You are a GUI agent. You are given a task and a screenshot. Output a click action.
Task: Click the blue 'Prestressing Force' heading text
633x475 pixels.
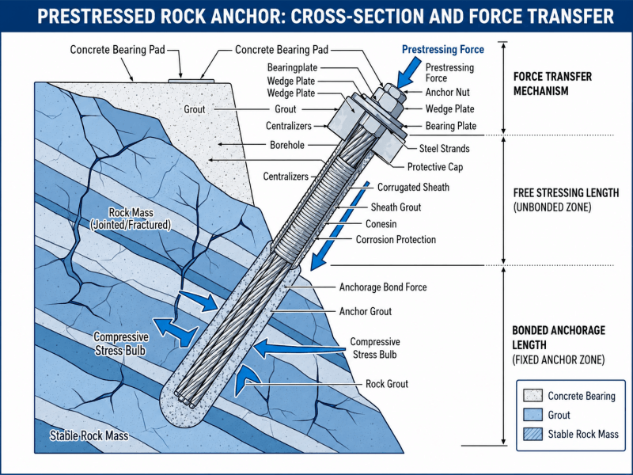[443, 50]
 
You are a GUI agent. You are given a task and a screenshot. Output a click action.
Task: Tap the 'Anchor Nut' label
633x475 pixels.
[447, 93]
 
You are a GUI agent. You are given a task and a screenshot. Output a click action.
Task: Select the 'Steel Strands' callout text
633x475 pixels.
[444, 149]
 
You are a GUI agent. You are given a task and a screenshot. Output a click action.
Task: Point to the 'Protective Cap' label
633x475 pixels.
[434, 167]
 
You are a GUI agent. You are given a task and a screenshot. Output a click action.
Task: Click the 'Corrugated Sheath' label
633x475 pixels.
[413, 188]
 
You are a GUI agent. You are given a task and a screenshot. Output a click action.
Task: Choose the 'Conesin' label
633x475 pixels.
[381, 224]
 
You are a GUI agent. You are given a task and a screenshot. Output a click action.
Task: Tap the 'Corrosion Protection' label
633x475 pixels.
[396, 240]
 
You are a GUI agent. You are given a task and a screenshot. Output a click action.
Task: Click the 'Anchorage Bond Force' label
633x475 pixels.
[383, 287]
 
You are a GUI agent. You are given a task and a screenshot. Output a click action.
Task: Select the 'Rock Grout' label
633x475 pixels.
[387, 384]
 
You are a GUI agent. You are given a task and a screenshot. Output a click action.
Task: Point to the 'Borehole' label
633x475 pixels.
[287, 145]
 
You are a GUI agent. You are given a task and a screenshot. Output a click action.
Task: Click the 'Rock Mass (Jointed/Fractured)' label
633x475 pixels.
[131, 218]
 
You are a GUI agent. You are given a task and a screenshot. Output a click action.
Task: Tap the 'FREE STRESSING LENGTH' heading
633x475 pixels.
[566, 193]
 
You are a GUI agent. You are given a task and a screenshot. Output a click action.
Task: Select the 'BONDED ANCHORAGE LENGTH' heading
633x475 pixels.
[559, 338]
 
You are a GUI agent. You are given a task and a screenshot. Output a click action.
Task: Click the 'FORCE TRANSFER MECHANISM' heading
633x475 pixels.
[552, 84]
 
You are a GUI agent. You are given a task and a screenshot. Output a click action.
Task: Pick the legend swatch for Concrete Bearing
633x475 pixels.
[533, 395]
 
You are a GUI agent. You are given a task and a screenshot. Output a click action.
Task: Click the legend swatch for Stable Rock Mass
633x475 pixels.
[533, 434]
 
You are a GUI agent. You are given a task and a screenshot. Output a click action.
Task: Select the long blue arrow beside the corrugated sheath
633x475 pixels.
[339, 226]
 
